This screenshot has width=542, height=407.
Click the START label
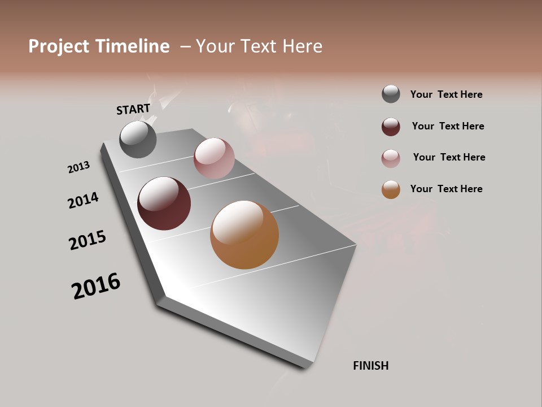point(133,109)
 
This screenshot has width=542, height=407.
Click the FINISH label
point(371,366)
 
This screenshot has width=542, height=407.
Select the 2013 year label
point(78,167)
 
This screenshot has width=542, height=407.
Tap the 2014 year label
point(83,200)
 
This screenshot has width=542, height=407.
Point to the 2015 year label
point(88,240)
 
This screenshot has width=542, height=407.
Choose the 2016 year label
point(96,286)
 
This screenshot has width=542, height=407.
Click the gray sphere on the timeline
point(138,139)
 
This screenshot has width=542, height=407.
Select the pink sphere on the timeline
point(214,158)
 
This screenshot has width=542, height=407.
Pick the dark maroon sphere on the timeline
point(164,203)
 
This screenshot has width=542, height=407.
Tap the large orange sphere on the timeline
point(244,235)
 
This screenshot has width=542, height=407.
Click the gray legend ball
point(391,94)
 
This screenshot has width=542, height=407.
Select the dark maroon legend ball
point(391,126)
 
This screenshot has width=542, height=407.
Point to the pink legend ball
point(391,158)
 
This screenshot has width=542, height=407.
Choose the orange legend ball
point(391,189)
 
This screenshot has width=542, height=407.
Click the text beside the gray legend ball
point(446,94)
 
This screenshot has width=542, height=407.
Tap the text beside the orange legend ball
point(446,189)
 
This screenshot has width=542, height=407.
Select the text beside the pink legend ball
point(449,157)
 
